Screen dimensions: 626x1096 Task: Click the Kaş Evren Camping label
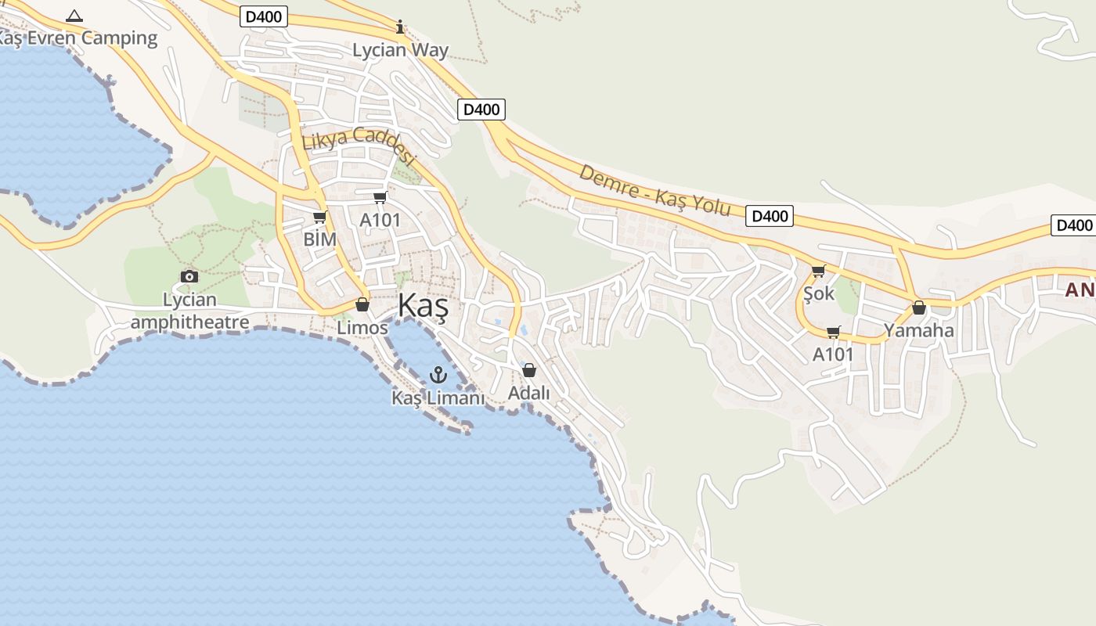click(x=78, y=38)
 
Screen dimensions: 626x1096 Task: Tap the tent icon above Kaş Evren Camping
click(x=74, y=15)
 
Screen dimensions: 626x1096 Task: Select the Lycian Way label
click(x=400, y=50)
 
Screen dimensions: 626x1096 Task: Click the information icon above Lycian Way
click(x=400, y=27)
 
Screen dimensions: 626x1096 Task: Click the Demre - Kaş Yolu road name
click(x=654, y=190)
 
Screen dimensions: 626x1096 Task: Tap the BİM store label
click(x=319, y=239)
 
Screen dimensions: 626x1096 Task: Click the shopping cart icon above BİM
click(x=319, y=217)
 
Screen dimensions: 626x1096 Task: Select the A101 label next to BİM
click(x=380, y=220)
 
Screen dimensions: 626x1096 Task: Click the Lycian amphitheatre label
click(x=189, y=311)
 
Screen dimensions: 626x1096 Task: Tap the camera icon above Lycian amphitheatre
click(x=189, y=276)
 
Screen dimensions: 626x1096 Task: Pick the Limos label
click(x=362, y=327)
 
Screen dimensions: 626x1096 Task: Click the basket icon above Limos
click(x=362, y=304)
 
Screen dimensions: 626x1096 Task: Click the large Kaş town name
click(x=424, y=306)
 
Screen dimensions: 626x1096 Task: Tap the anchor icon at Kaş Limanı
click(x=438, y=375)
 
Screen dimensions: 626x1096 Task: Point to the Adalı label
click(x=529, y=393)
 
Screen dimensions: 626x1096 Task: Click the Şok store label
click(x=819, y=293)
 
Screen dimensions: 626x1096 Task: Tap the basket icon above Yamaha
click(x=919, y=308)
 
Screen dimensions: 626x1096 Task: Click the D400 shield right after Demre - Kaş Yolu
click(x=769, y=216)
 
